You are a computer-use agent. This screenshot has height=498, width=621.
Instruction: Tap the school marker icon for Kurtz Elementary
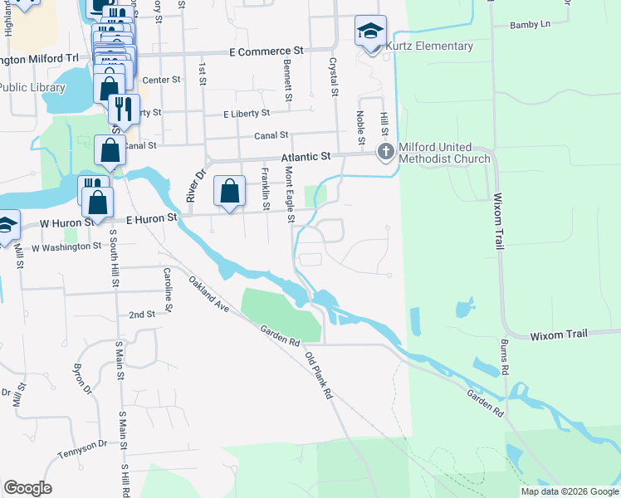click(370, 32)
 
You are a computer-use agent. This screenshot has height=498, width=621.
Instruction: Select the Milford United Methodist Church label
click(445, 153)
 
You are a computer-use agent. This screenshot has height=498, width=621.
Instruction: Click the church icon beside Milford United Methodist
click(385, 151)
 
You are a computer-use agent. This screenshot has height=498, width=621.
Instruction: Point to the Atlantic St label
click(306, 155)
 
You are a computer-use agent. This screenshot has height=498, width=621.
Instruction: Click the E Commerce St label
click(267, 51)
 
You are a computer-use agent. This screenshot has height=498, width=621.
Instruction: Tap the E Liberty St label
click(247, 113)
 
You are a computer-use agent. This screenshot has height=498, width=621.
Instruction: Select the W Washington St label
click(66, 247)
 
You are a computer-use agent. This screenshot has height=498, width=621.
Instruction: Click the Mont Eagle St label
click(290, 194)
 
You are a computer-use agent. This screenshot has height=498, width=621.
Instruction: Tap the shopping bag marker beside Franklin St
click(230, 190)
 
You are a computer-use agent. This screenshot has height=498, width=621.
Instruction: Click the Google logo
click(27, 488)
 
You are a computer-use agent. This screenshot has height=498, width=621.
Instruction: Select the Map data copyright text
click(570, 491)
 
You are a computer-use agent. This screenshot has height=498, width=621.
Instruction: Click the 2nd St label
click(142, 315)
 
